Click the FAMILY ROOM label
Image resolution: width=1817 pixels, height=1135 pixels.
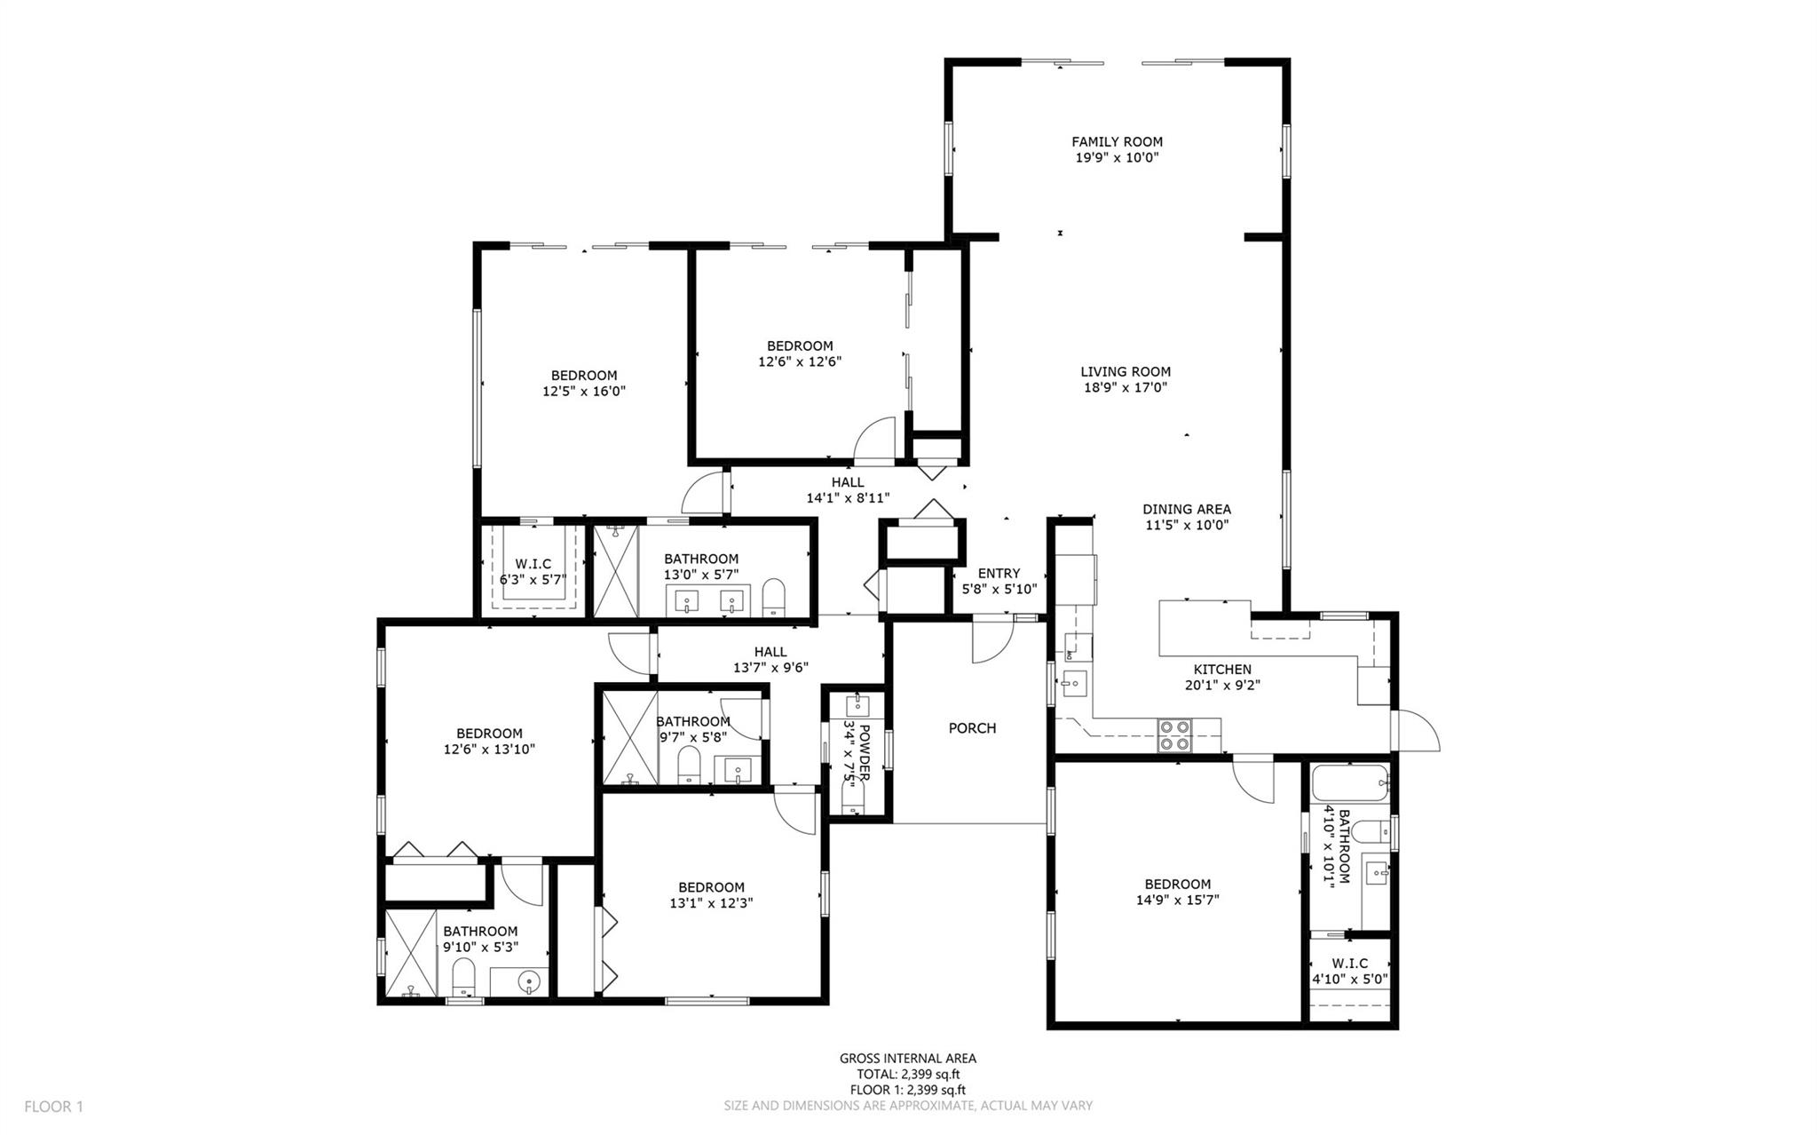pos(1117,141)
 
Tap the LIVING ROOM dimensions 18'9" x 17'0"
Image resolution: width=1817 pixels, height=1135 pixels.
pos(1126,387)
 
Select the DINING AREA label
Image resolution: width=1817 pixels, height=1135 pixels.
pos(1186,509)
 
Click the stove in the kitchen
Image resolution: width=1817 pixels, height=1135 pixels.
pos(1175,735)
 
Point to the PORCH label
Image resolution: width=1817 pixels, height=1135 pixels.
pos(972,728)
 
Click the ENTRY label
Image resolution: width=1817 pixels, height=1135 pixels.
pos(999,573)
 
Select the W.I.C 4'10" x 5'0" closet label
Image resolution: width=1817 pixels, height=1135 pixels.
pos(1349,971)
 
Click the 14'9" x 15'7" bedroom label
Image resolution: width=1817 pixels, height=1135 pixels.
pos(1177,892)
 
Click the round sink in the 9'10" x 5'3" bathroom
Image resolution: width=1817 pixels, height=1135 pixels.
pos(529,982)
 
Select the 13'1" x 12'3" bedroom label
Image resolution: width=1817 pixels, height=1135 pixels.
pos(711,895)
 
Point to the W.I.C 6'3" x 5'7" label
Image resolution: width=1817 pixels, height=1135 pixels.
pos(533,572)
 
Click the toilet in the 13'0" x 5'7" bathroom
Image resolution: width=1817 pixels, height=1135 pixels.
pos(774,598)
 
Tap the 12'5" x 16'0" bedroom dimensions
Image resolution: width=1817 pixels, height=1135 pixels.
pos(584,391)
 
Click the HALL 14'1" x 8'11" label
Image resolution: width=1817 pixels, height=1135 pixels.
pos(848,490)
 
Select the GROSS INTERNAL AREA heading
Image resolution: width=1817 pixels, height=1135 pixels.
pos(907,1058)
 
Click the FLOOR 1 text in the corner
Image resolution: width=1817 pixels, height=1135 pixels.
pos(53,1107)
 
